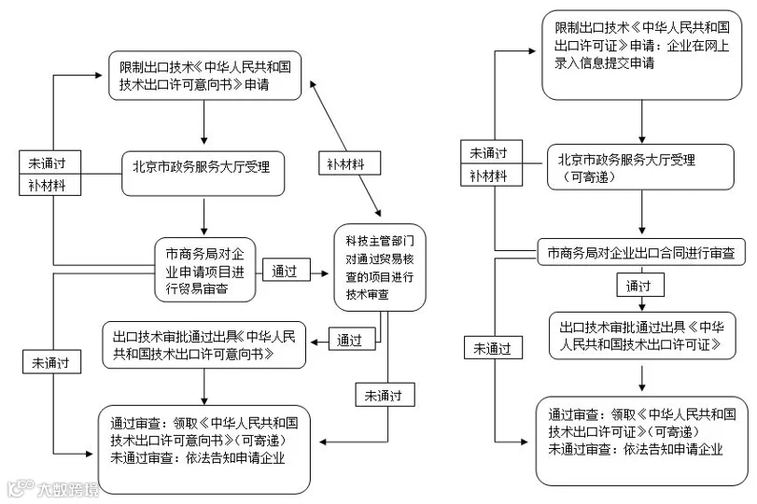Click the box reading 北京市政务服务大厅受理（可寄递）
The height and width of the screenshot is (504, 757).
[x=640, y=167]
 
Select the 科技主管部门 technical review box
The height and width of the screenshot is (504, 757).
[x=380, y=267]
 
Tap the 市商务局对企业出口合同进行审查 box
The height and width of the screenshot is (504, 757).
[x=641, y=251]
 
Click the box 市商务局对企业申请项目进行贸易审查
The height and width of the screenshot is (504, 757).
[x=204, y=270]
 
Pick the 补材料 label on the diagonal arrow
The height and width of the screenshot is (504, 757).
[x=349, y=163]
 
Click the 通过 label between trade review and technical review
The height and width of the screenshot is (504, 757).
[x=286, y=270]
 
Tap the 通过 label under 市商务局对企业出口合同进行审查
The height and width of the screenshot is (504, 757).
[x=640, y=285]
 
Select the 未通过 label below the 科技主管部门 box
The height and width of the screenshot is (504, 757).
[x=385, y=395]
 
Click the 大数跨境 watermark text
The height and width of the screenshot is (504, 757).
[x=67, y=489]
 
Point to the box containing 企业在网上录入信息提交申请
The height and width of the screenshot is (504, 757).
[x=641, y=55]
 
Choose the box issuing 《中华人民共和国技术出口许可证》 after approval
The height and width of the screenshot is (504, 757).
[x=642, y=335]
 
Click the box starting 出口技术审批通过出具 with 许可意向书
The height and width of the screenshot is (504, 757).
[x=203, y=344]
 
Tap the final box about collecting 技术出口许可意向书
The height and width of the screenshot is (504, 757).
[x=203, y=450]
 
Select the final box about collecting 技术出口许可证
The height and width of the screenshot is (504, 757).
[x=641, y=441]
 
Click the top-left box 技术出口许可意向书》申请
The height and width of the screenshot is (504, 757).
[x=204, y=76]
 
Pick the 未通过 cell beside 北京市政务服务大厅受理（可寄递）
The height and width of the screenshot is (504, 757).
[x=492, y=151]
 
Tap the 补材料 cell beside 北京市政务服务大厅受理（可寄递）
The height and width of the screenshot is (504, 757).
[x=492, y=175]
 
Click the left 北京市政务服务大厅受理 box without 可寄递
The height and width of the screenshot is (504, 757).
[x=203, y=174]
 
